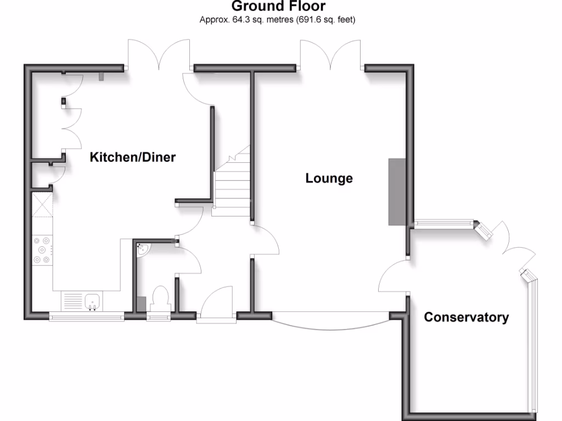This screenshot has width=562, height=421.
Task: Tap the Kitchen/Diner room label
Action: coord(133,158)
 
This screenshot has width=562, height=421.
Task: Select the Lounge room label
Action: coord(329,179)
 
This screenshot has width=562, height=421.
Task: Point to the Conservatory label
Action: coord(466,317)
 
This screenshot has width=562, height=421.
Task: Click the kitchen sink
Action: coord(92,300)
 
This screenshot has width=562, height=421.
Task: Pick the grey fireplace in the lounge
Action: coord(397,192)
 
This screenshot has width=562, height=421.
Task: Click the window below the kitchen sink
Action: coord(86,316)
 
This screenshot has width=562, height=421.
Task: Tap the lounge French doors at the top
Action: coord(331,55)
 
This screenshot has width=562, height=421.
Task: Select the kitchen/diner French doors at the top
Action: coord(159,55)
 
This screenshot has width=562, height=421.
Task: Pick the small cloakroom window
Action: coord(159,316)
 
